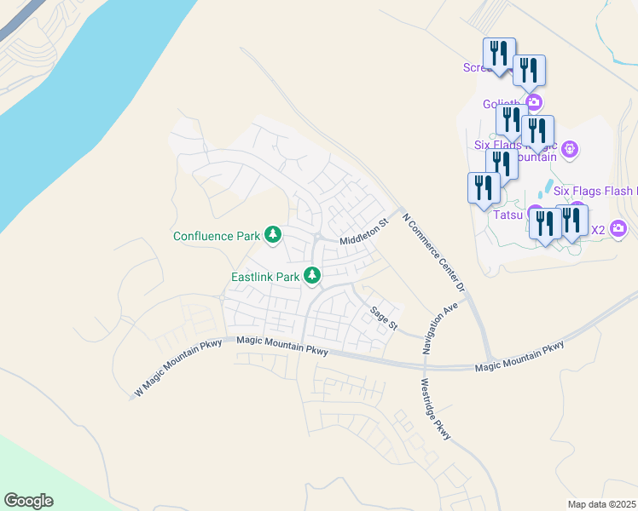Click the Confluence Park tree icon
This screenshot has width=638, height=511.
click(x=273, y=234)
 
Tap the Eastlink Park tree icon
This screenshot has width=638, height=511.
click(x=313, y=275)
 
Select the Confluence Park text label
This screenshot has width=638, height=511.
click(x=217, y=236)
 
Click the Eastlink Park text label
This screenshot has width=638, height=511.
click(x=265, y=277)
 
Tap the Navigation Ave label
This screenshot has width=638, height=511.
click(x=439, y=327)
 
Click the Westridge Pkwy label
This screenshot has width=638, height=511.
click(x=434, y=410)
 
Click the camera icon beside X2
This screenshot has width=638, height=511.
click(x=619, y=228)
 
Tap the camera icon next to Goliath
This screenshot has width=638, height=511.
click(x=534, y=103)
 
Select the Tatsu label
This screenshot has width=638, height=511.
click(x=507, y=215)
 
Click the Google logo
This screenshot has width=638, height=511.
click(x=28, y=501)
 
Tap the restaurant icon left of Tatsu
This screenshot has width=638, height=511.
click(x=482, y=187)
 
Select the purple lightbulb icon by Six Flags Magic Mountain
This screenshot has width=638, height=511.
click(x=571, y=151)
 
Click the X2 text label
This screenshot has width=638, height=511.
click(x=597, y=229)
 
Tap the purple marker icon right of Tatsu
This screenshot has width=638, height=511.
click(x=536, y=213)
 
